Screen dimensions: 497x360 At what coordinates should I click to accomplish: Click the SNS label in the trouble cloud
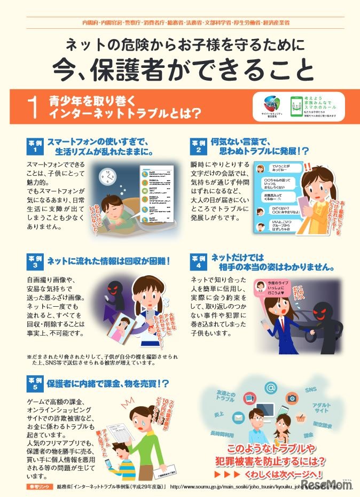tap(310, 391)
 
